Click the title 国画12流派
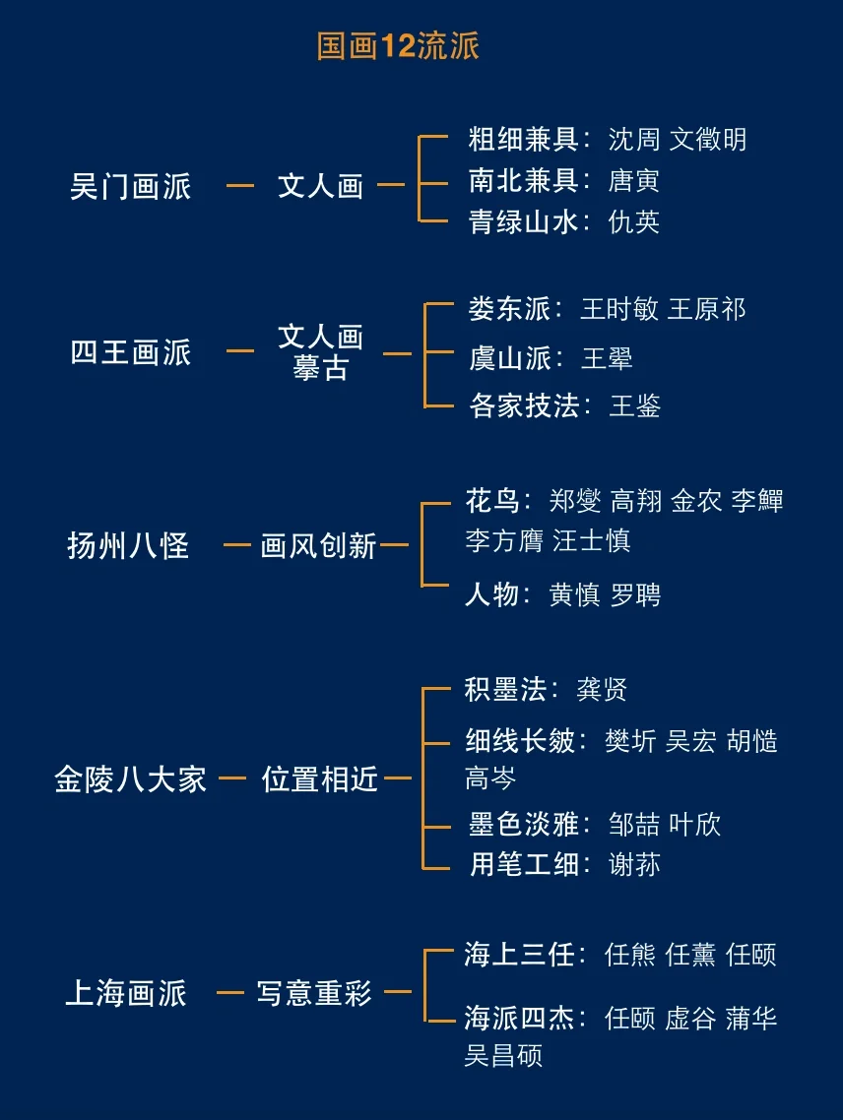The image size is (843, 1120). click(x=398, y=46)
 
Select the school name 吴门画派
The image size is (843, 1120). click(x=131, y=186)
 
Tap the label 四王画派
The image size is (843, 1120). click(x=131, y=352)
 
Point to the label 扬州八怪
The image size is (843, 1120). click(x=128, y=545)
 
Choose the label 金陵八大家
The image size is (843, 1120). click(x=131, y=779)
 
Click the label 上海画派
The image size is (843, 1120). click(x=126, y=993)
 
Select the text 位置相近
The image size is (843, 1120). click(x=320, y=779)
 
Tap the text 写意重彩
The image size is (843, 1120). click(x=315, y=993)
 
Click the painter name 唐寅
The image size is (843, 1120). click(x=634, y=180)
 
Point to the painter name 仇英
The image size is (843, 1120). click(x=634, y=221)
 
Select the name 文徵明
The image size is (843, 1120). click(x=708, y=139)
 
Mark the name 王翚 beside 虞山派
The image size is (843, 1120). click(x=607, y=358)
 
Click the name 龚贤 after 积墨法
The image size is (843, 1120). click(x=602, y=689)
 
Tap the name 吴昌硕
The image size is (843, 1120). click(x=503, y=1056)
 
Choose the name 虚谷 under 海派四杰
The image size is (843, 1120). click(x=690, y=1018)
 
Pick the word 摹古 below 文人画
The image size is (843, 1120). click(x=320, y=369)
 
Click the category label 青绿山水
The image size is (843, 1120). click(x=523, y=221)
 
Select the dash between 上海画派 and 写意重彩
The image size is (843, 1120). click(x=230, y=992)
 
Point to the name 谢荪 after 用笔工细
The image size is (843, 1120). click(x=634, y=864)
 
